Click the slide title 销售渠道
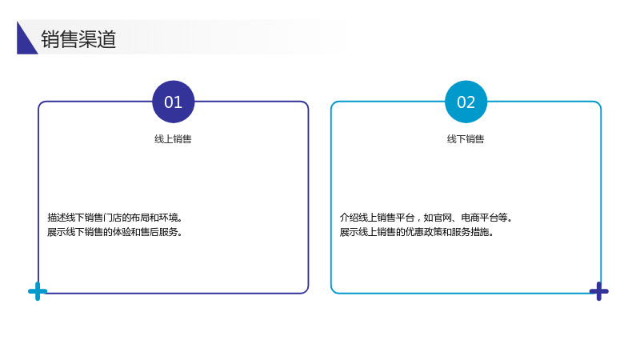point(78,39)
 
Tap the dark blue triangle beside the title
point(25,42)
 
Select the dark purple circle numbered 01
point(173,102)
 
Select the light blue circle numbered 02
point(466,102)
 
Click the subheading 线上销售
point(173,139)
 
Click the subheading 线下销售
point(466,139)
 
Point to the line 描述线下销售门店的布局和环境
point(114,217)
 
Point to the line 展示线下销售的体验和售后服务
point(114,232)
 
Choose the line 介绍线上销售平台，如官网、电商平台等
point(426,217)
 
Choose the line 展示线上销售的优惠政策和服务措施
point(416,232)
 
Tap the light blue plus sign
point(38,291)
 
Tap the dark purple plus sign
point(598,291)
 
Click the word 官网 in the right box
point(442,217)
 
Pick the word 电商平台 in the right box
point(479,217)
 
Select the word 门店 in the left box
point(112,217)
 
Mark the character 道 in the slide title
point(107,39)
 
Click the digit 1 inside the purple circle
point(178,102)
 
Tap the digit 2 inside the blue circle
point(470,102)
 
